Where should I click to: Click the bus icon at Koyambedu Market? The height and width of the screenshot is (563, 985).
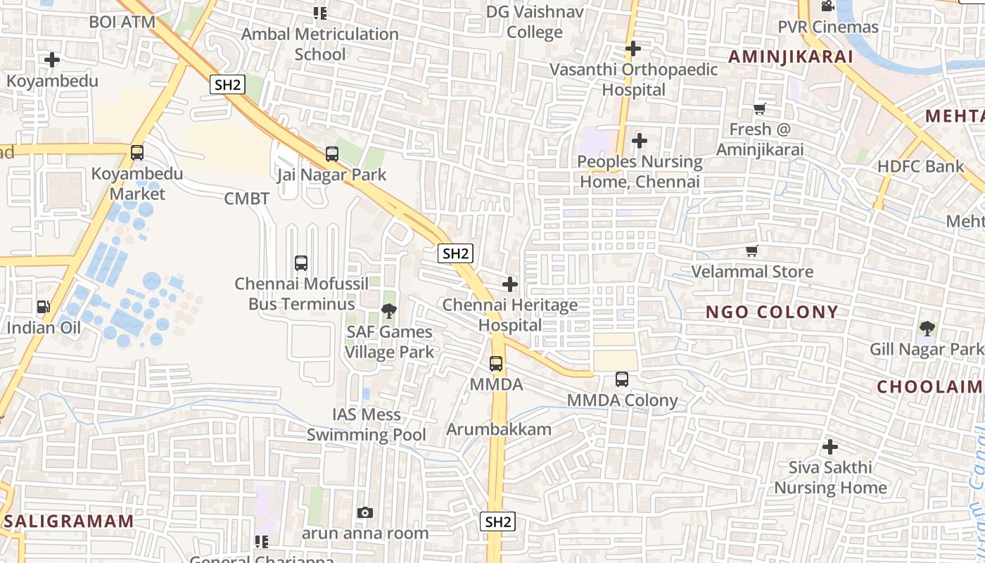137,152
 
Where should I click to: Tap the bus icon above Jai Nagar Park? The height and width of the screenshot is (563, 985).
332,153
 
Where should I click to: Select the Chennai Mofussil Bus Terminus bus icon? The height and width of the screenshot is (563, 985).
301,263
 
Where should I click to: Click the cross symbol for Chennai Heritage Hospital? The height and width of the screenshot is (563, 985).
510,284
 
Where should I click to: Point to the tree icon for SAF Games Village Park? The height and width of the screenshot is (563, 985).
388,310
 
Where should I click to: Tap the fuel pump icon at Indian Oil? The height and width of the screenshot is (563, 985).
44,307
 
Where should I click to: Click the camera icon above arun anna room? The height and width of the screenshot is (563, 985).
364,512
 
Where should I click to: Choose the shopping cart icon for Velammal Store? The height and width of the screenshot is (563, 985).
752,251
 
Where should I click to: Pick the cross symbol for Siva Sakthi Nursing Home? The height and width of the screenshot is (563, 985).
830,446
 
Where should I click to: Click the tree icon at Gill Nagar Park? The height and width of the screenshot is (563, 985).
927,328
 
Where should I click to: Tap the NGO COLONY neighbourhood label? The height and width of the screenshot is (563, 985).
772,312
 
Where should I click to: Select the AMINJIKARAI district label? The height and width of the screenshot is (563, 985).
790,56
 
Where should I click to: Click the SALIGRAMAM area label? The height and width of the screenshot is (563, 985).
69,521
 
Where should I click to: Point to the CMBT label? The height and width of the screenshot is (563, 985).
246,198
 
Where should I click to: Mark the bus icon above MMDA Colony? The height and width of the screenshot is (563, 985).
622,379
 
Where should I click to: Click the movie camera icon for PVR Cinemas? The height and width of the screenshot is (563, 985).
827,6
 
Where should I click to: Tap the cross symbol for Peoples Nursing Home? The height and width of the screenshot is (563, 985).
640,141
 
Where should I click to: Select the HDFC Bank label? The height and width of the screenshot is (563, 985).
920,167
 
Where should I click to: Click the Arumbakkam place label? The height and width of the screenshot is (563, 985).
499,429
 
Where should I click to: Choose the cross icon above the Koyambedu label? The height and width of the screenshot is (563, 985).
52,60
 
